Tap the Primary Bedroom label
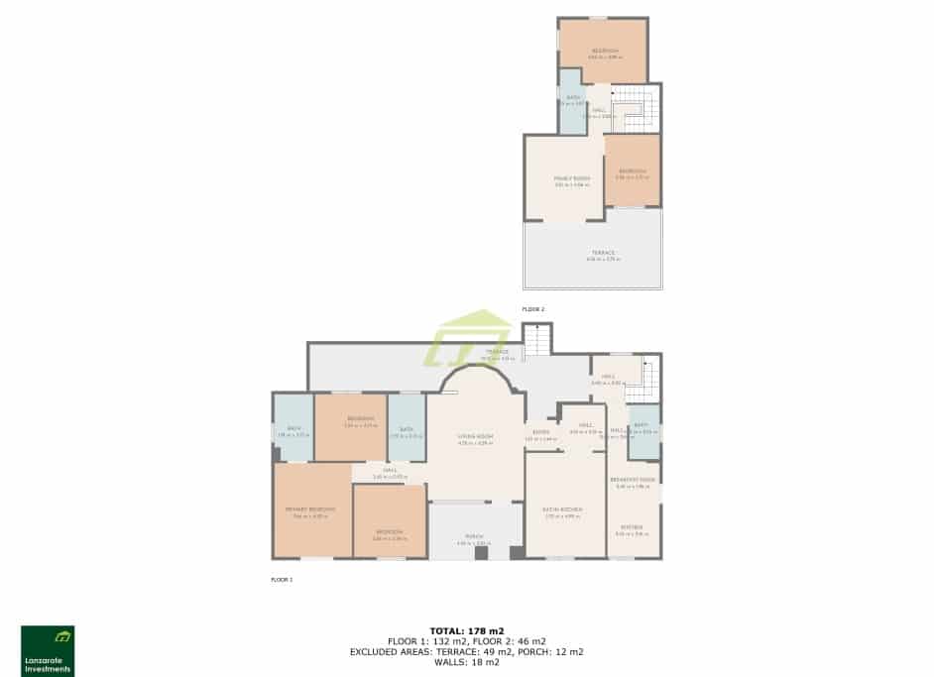click(x=310, y=510)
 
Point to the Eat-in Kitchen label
click(x=563, y=510)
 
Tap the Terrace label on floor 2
click(x=603, y=255)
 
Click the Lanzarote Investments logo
click(x=48, y=650)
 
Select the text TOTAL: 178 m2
click(x=466, y=630)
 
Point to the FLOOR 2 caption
click(x=533, y=309)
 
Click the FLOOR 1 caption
click(x=282, y=579)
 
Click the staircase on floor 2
click(x=635, y=109)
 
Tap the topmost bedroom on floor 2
click(x=603, y=52)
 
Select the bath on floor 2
click(x=570, y=101)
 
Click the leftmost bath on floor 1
click(x=292, y=428)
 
